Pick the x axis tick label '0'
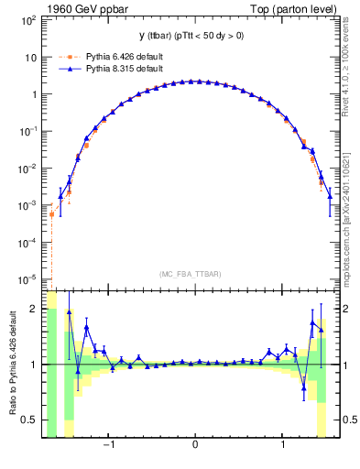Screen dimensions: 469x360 coord(195,446)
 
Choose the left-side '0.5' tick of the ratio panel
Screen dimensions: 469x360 coord(30,420)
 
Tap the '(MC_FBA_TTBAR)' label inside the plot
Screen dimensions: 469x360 coord(195,274)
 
